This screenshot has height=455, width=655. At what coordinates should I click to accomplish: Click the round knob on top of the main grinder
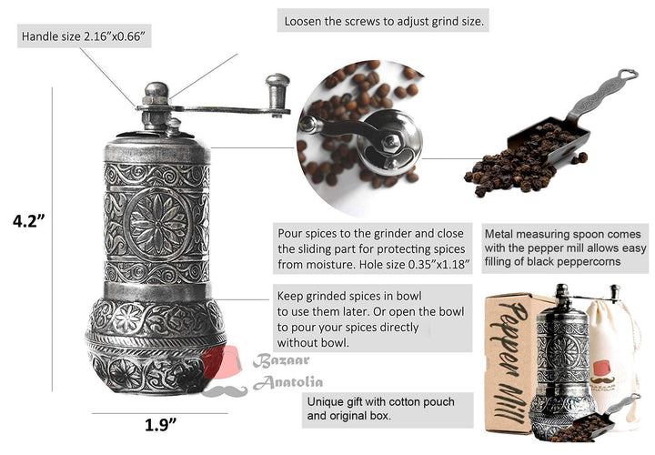point(156,92)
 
